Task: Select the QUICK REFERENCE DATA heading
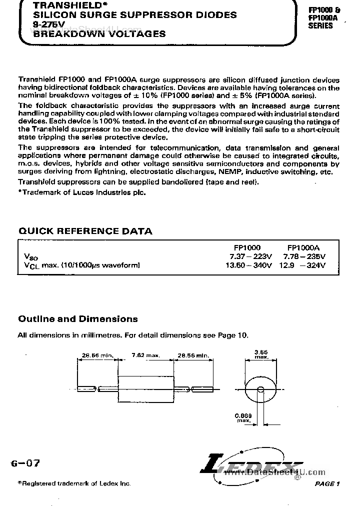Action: [x=85, y=231]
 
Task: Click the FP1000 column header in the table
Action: [x=247, y=247]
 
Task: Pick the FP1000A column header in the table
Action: [x=303, y=247]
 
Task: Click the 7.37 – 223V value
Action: [x=247, y=256]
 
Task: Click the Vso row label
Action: [x=30, y=257]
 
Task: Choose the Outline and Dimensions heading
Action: [x=77, y=318]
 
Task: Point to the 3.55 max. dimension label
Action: [x=261, y=354]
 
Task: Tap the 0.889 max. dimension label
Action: [x=244, y=418]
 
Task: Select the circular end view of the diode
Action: [x=261, y=389]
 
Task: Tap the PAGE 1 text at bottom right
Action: [x=327, y=483]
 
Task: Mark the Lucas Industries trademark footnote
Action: [x=82, y=192]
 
